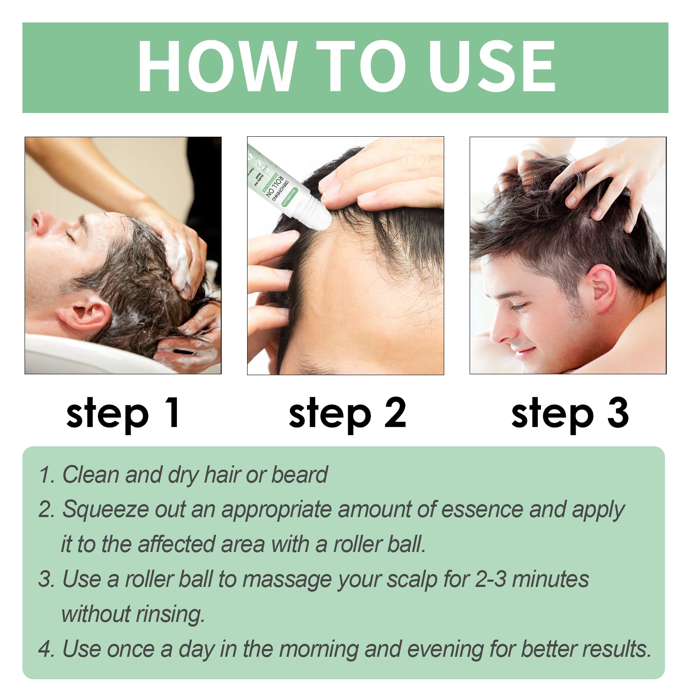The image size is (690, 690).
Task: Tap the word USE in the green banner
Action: tap(492, 66)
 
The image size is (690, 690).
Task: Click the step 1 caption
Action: tap(123, 414)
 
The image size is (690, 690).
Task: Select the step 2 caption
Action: tap(347, 414)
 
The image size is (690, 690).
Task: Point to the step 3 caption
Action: tap(570, 414)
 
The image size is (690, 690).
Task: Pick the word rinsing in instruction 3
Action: tap(170, 614)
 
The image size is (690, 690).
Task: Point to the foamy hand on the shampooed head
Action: tap(181, 254)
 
